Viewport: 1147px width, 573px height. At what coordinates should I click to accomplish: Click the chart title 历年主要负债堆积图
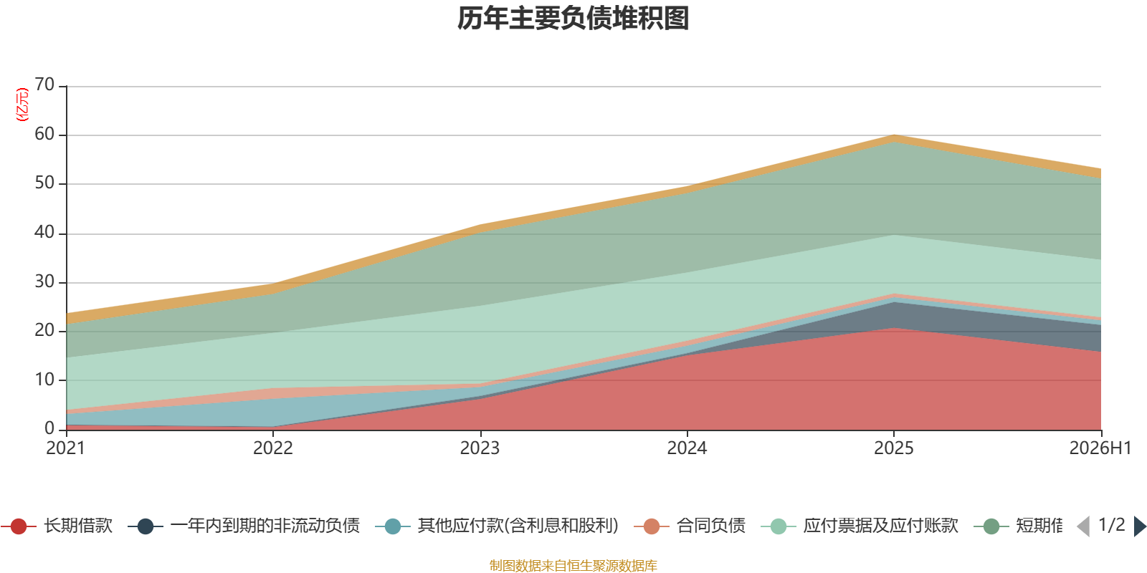tap(573, 19)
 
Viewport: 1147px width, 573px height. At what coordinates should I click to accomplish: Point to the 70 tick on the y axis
tap(44, 85)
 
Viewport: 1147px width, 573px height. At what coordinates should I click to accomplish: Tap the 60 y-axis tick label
tap(44, 134)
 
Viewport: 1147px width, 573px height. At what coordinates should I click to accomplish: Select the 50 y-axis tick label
tap(44, 183)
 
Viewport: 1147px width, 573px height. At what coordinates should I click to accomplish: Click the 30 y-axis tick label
tap(44, 281)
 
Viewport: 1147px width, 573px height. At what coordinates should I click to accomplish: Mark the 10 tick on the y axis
tap(44, 380)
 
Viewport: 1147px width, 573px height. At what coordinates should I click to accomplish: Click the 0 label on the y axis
tap(49, 428)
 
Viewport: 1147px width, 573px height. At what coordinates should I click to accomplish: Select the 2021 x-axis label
tap(65, 448)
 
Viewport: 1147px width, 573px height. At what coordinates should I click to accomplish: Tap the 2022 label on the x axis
tap(273, 448)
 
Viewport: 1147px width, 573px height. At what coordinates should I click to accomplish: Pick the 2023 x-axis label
tap(480, 448)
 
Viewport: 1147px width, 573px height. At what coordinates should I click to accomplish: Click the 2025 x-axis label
tap(893, 448)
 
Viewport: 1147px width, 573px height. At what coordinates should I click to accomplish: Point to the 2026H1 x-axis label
tap(1100, 448)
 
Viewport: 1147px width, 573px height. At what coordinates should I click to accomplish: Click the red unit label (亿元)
tap(22, 105)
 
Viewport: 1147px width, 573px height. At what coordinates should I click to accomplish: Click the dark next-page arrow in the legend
tap(1139, 526)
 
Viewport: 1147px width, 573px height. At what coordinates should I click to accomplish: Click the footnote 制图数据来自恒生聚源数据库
tap(573, 565)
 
